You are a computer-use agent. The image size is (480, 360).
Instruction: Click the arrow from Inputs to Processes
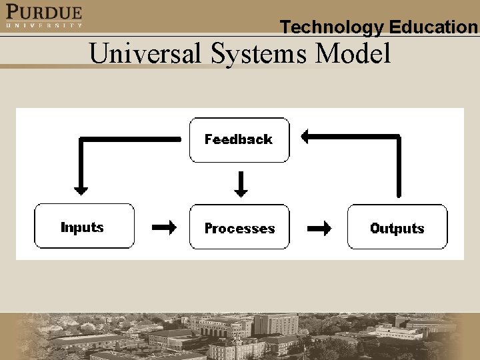click(164, 228)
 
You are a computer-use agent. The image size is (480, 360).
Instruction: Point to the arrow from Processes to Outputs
click(319, 228)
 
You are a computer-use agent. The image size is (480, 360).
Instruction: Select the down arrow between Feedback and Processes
click(241, 184)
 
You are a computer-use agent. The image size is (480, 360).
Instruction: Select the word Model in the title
click(353, 53)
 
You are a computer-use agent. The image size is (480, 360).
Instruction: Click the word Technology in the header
click(332, 27)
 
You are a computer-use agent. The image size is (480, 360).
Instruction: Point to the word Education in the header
click(434, 27)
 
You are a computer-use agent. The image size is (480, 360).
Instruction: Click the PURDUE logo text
click(44, 11)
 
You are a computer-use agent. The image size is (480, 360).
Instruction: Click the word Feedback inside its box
click(239, 139)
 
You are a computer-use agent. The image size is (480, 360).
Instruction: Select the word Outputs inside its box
click(397, 229)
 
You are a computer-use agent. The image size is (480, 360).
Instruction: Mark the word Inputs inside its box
click(82, 227)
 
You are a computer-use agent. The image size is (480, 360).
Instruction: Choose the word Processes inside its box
click(239, 229)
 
